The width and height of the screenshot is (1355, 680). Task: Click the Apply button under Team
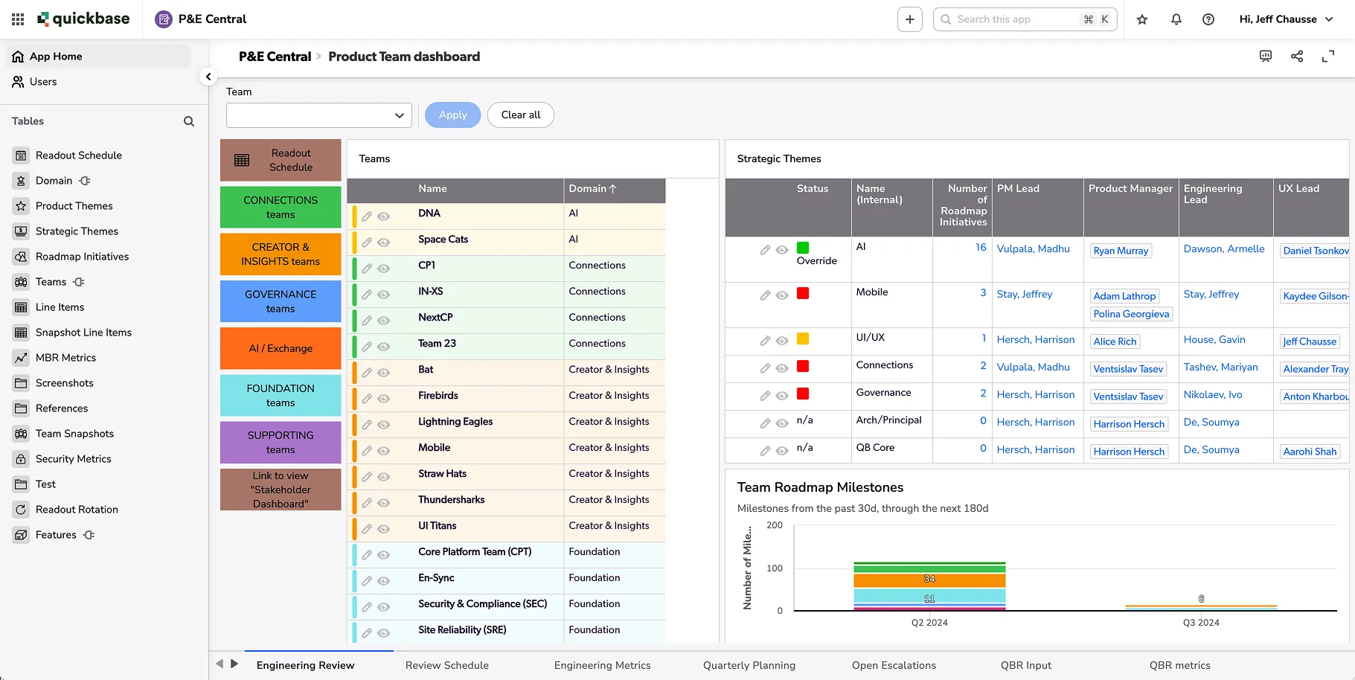click(452, 115)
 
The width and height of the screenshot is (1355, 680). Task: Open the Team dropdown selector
click(318, 115)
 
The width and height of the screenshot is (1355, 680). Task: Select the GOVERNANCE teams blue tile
click(281, 301)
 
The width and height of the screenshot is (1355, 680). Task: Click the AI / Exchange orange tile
click(281, 348)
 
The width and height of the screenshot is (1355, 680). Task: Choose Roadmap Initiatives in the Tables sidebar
click(82, 257)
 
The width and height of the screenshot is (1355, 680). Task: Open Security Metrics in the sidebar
click(73, 459)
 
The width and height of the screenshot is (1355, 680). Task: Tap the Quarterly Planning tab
click(749, 665)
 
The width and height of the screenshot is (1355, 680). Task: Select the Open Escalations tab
click(894, 665)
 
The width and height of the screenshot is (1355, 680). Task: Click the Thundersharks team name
click(451, 500)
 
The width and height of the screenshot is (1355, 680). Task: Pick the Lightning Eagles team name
click(455, 422)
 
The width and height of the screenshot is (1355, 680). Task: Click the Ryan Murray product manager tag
click(1121, 251)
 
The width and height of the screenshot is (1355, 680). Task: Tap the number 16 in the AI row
click(981, 248)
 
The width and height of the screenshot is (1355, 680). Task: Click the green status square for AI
click(803, 248)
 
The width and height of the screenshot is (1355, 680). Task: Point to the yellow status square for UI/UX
click(803, 339)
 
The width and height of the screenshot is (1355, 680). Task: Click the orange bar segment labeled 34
click(929, 580)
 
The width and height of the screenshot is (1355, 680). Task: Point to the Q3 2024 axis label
click(1201, 623)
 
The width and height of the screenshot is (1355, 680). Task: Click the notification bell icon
click(1176, 19)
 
